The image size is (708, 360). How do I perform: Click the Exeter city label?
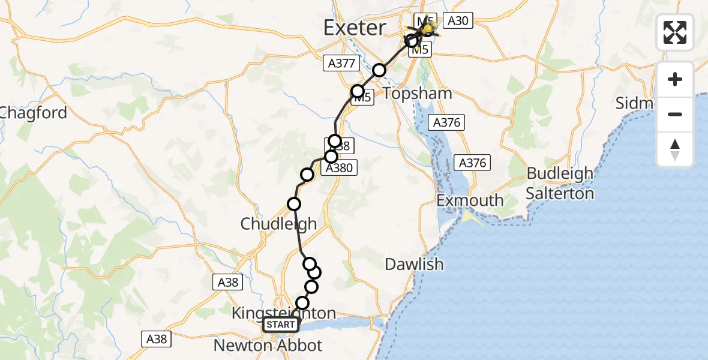pos(355,28)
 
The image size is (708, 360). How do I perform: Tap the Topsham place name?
pos(417,94)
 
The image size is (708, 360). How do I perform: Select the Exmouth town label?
pos(470,200)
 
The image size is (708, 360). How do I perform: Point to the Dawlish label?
pos(415,263)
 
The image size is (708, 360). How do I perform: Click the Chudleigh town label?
pos(278,224)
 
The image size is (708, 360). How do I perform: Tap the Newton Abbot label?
pos(268,346)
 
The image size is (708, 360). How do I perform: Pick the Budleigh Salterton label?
pos(560,184)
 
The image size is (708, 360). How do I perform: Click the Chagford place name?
pos(33,112)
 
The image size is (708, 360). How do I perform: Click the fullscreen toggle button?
pos(675,32)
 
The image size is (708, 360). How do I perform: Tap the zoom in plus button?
pos(675,79)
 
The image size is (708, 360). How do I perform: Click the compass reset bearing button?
pos(675,149)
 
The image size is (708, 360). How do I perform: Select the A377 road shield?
pos(341,62)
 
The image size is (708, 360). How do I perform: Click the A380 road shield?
pos(339,169)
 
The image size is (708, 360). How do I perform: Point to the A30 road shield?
pos(458,21)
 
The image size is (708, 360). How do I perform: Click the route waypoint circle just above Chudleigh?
pos(294,204)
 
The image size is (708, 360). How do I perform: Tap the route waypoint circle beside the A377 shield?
pos(379,70)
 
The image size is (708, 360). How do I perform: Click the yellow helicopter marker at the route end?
pos(428,28)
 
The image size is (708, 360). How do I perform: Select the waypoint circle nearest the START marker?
pos(302,304)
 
